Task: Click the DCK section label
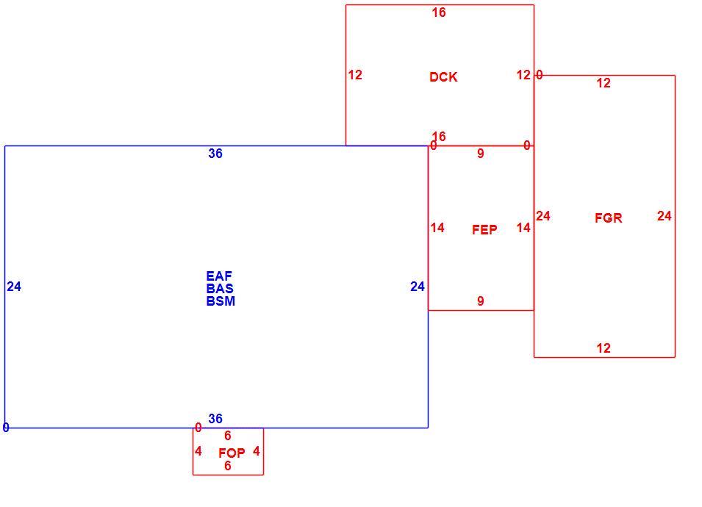443,77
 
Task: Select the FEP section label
484,229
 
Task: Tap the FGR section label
609,218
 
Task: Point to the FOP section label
232,453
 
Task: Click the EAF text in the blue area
219,276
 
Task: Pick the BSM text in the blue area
221,301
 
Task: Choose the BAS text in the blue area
220,289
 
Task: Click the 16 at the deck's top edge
439,12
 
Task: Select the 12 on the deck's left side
355,75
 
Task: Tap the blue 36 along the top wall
215,154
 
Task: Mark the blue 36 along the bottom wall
215,418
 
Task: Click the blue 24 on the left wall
14,287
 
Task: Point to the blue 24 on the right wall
418,287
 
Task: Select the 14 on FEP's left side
437,228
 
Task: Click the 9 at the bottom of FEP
481,301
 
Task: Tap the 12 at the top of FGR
603,83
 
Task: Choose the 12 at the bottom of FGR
603,348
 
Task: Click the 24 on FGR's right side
665,216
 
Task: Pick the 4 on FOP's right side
256,450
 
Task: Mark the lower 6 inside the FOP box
227,466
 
